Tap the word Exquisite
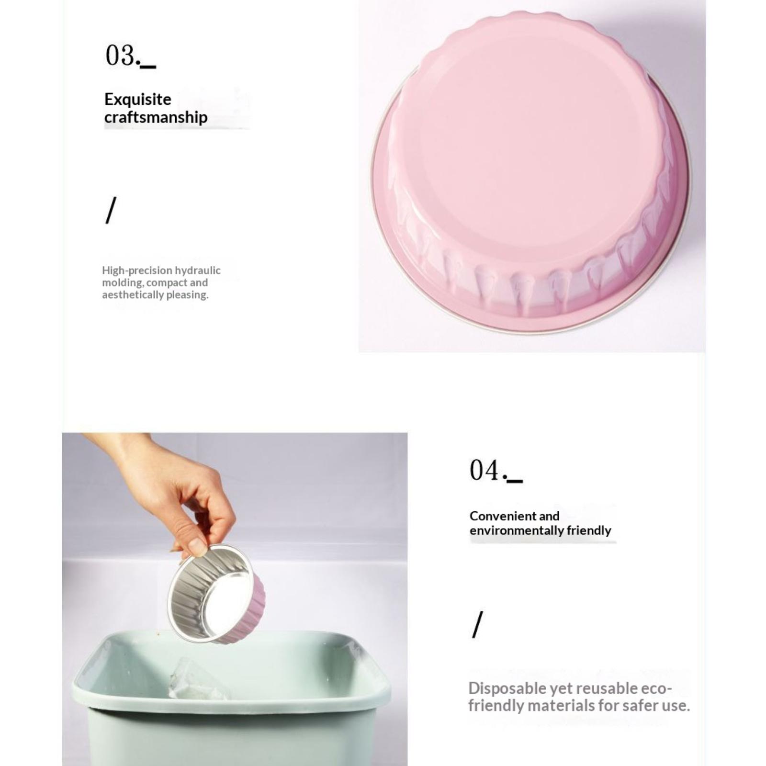[x=137, y=99]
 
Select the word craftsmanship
[x=156, y=117]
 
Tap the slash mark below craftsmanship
[x=111, y=210]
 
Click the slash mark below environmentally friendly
[x=477, y=624]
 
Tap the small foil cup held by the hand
[x=216, y=594]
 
